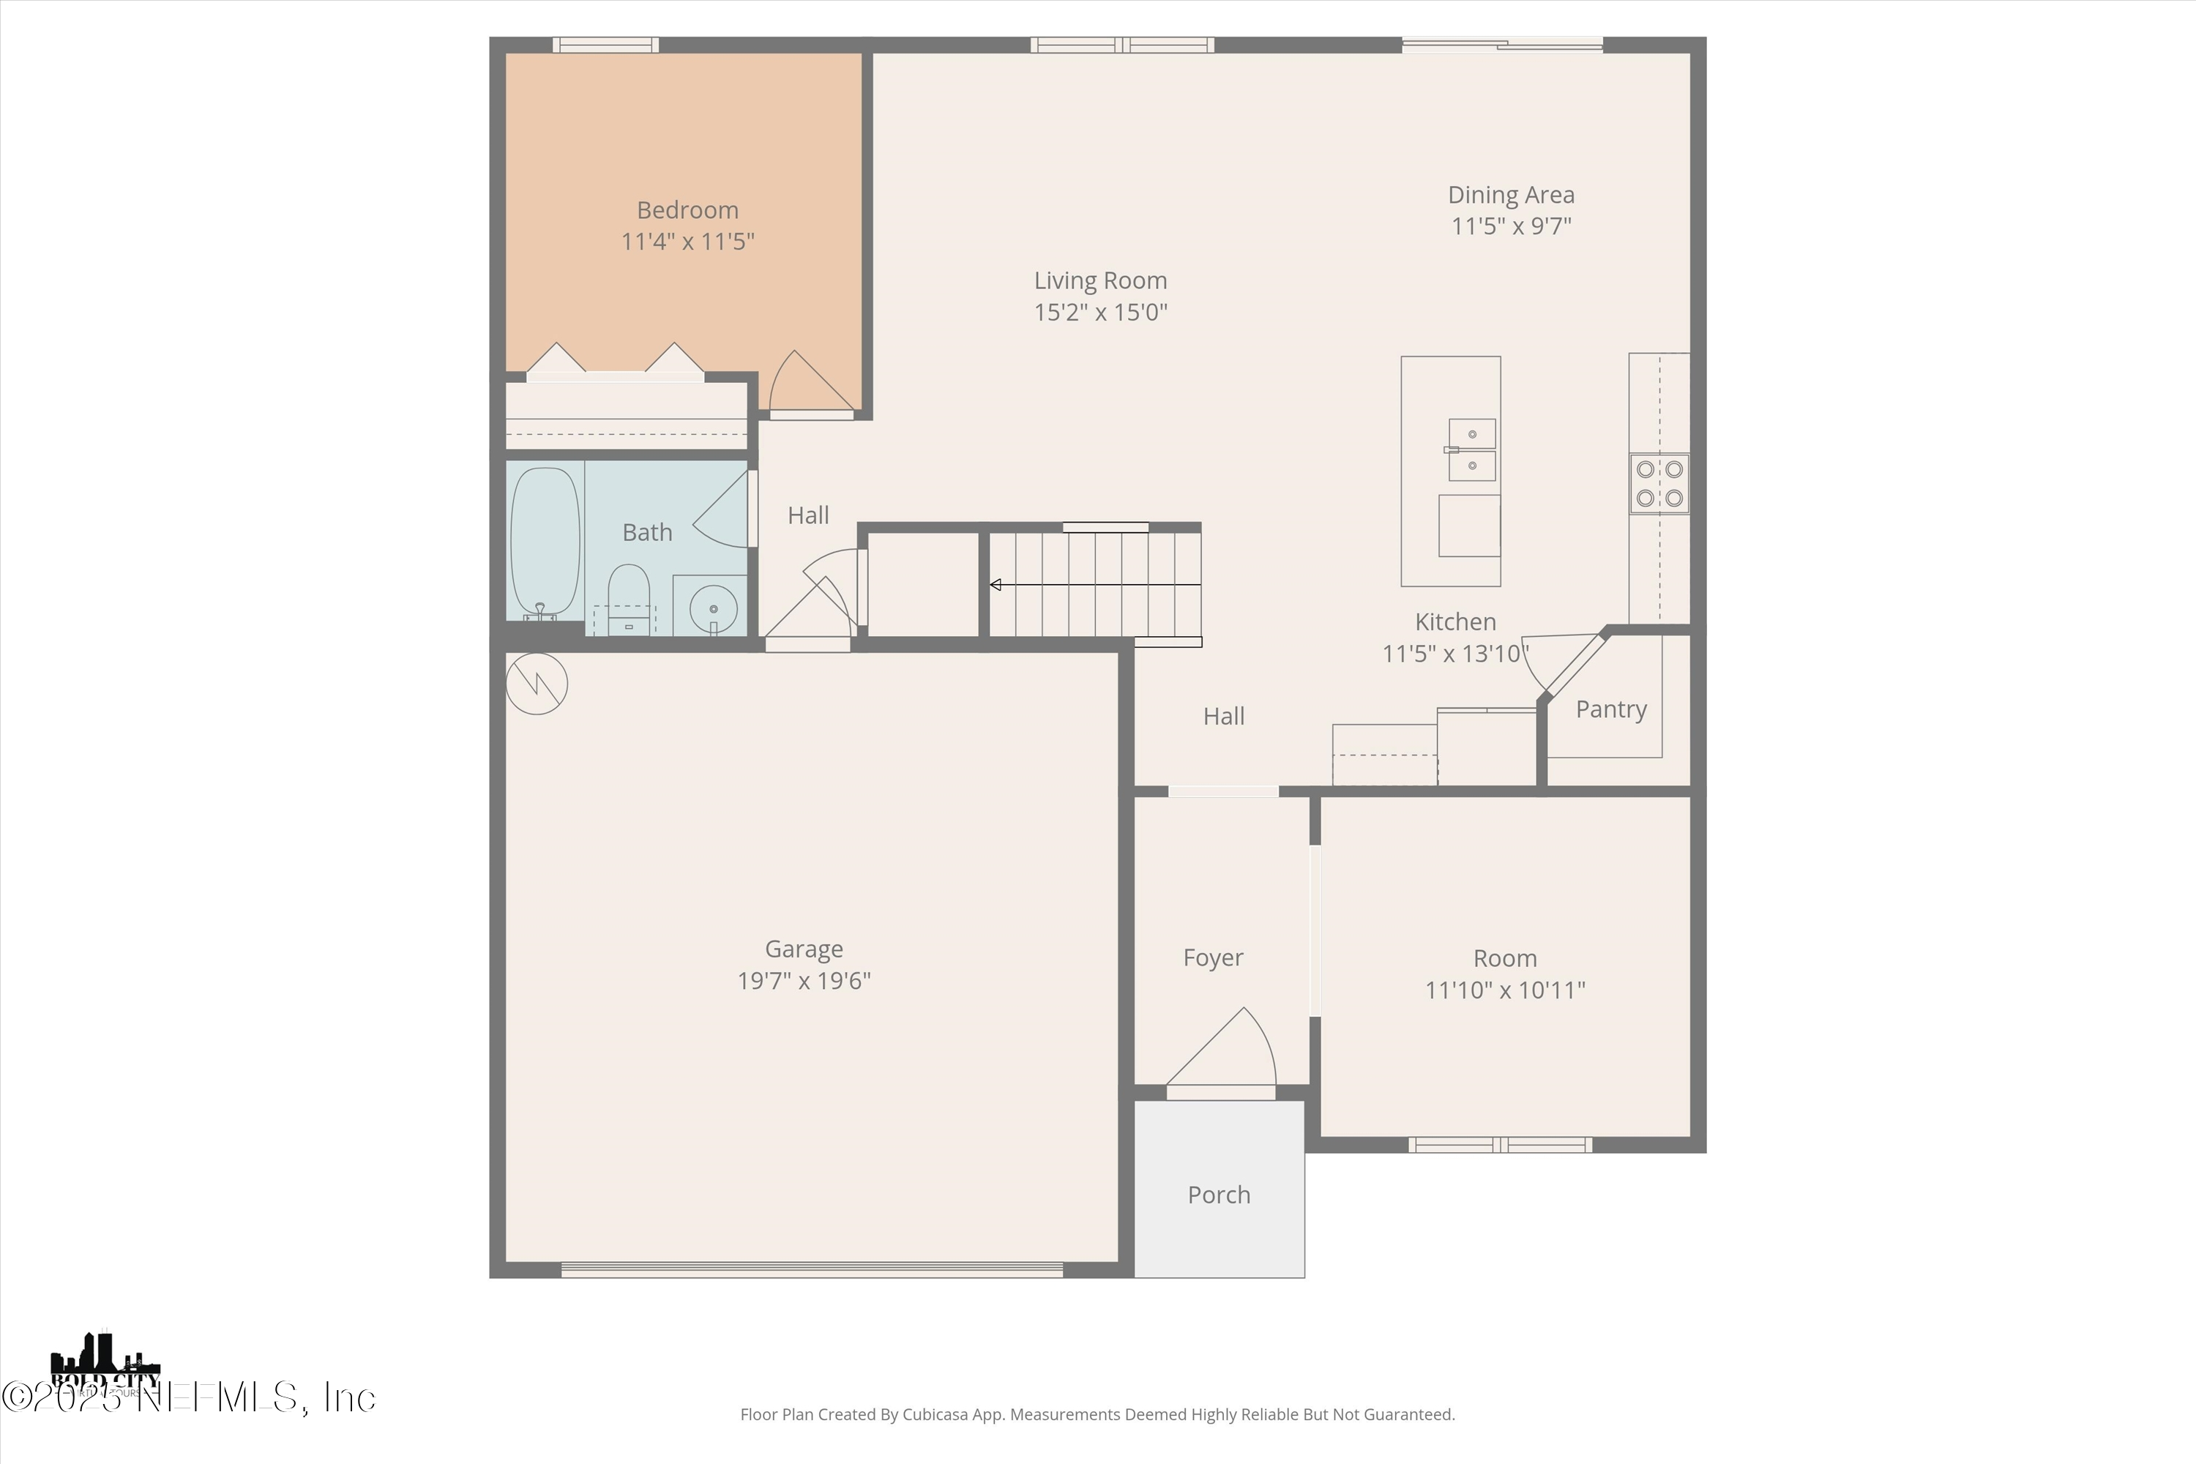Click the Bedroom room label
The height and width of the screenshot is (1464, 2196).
coord(687,210)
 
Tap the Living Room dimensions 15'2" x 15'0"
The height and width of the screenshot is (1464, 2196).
coord(1101,312)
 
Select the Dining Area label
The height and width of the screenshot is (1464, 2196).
coord(1511,195)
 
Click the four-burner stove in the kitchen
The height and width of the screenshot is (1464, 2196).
coord(1659,484)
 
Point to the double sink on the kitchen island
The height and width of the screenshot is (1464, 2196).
coord(1471,449)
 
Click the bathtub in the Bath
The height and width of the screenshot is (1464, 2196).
coord(545,542)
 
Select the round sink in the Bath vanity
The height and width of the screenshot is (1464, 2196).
coord(713,610)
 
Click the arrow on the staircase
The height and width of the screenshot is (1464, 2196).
coord(996,586)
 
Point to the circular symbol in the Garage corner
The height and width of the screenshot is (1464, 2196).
coord(537,684)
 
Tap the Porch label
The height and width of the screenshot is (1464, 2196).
coord(1219,1195)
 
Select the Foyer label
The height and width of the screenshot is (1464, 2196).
coord(1213,958)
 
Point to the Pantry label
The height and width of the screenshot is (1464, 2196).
coord(1610,709)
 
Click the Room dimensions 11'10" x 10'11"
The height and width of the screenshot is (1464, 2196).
coord(1505,990)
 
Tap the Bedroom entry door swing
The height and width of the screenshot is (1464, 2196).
coord(804,383)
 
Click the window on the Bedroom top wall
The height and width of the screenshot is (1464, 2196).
coord(605,45)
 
